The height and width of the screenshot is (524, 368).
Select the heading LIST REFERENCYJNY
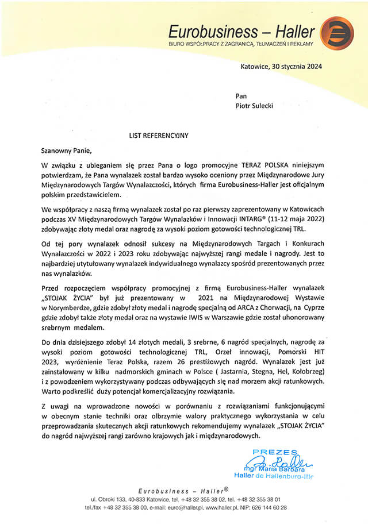pyautogui.click(x=159, y=136)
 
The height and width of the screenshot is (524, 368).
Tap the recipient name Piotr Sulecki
pyautogui.click(x=256, y=106)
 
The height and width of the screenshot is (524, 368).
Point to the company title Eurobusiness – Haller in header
pyautogui.click(x=241, y=30)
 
